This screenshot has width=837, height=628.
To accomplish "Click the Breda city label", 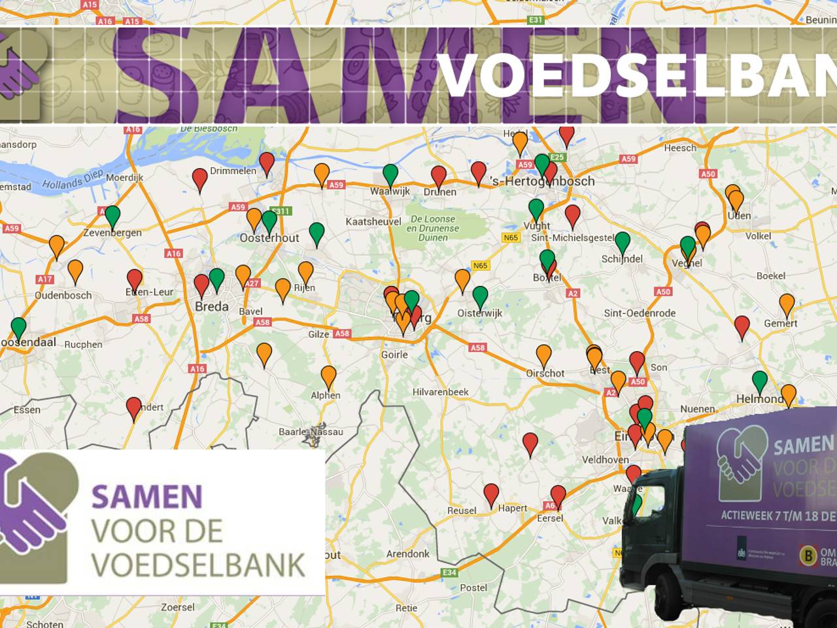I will click(212, 306).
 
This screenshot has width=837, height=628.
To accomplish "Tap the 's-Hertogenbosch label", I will click(543, 181).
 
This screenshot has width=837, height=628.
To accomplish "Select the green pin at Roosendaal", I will click(18, 327).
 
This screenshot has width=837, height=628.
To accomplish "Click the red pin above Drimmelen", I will click(267, 162).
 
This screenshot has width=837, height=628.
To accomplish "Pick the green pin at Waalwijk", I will click(390, 174).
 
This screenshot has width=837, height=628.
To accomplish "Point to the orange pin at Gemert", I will click(787, 304).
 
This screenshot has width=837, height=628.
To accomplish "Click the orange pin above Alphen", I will click(328, 376).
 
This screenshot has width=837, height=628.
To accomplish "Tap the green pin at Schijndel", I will click(623, 242).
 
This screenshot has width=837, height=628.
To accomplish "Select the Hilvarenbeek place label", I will click(441, 392).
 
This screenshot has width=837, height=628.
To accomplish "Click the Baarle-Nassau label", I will click(311, 432).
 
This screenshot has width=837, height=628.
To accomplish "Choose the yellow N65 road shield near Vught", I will click(511, 237).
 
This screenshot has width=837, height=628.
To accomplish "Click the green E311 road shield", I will click(281, 211).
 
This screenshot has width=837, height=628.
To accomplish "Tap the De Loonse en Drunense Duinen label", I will click(433, 228).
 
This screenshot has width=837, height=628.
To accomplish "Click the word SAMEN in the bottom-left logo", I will click(147, 497).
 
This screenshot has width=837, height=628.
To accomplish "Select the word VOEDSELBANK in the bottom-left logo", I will click(198, 565).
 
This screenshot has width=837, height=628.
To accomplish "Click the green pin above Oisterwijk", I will click(480, 296).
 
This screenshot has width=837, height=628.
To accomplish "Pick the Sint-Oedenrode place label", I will click(640, 313).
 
